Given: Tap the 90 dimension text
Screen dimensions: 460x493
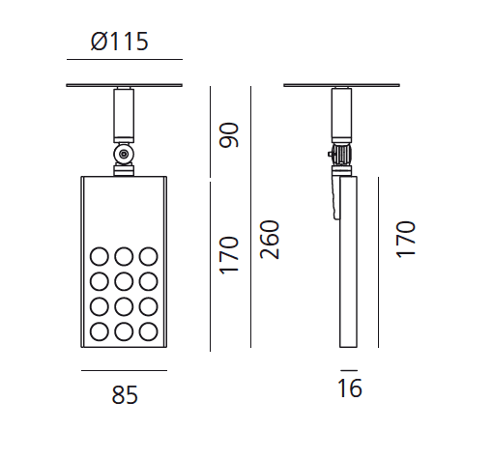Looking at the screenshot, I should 229,135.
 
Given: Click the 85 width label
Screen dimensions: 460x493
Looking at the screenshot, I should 125,396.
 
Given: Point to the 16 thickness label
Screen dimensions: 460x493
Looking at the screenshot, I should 350,389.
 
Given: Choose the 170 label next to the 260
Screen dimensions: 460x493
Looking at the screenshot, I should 229,253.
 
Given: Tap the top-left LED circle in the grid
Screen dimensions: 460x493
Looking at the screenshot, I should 100,257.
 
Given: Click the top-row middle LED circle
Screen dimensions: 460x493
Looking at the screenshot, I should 124,257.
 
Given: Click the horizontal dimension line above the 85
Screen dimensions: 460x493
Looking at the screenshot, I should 124,370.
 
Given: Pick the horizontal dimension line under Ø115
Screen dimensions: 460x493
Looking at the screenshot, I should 124,60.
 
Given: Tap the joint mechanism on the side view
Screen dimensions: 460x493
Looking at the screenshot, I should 339,155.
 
